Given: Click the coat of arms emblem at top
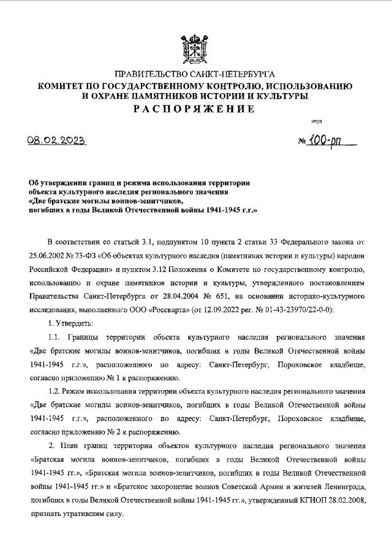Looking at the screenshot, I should (x=196, y=47).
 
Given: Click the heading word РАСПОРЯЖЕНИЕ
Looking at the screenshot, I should (x=196, y=109).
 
